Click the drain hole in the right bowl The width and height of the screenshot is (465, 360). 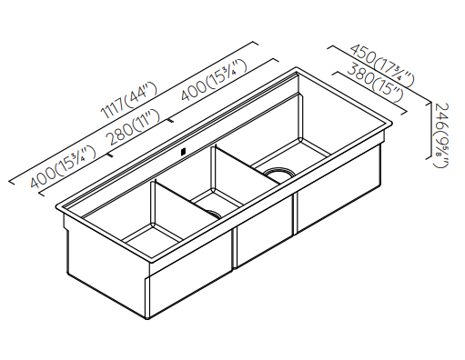click(278, 172)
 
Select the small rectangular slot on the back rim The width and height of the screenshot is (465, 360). click(182, 153)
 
